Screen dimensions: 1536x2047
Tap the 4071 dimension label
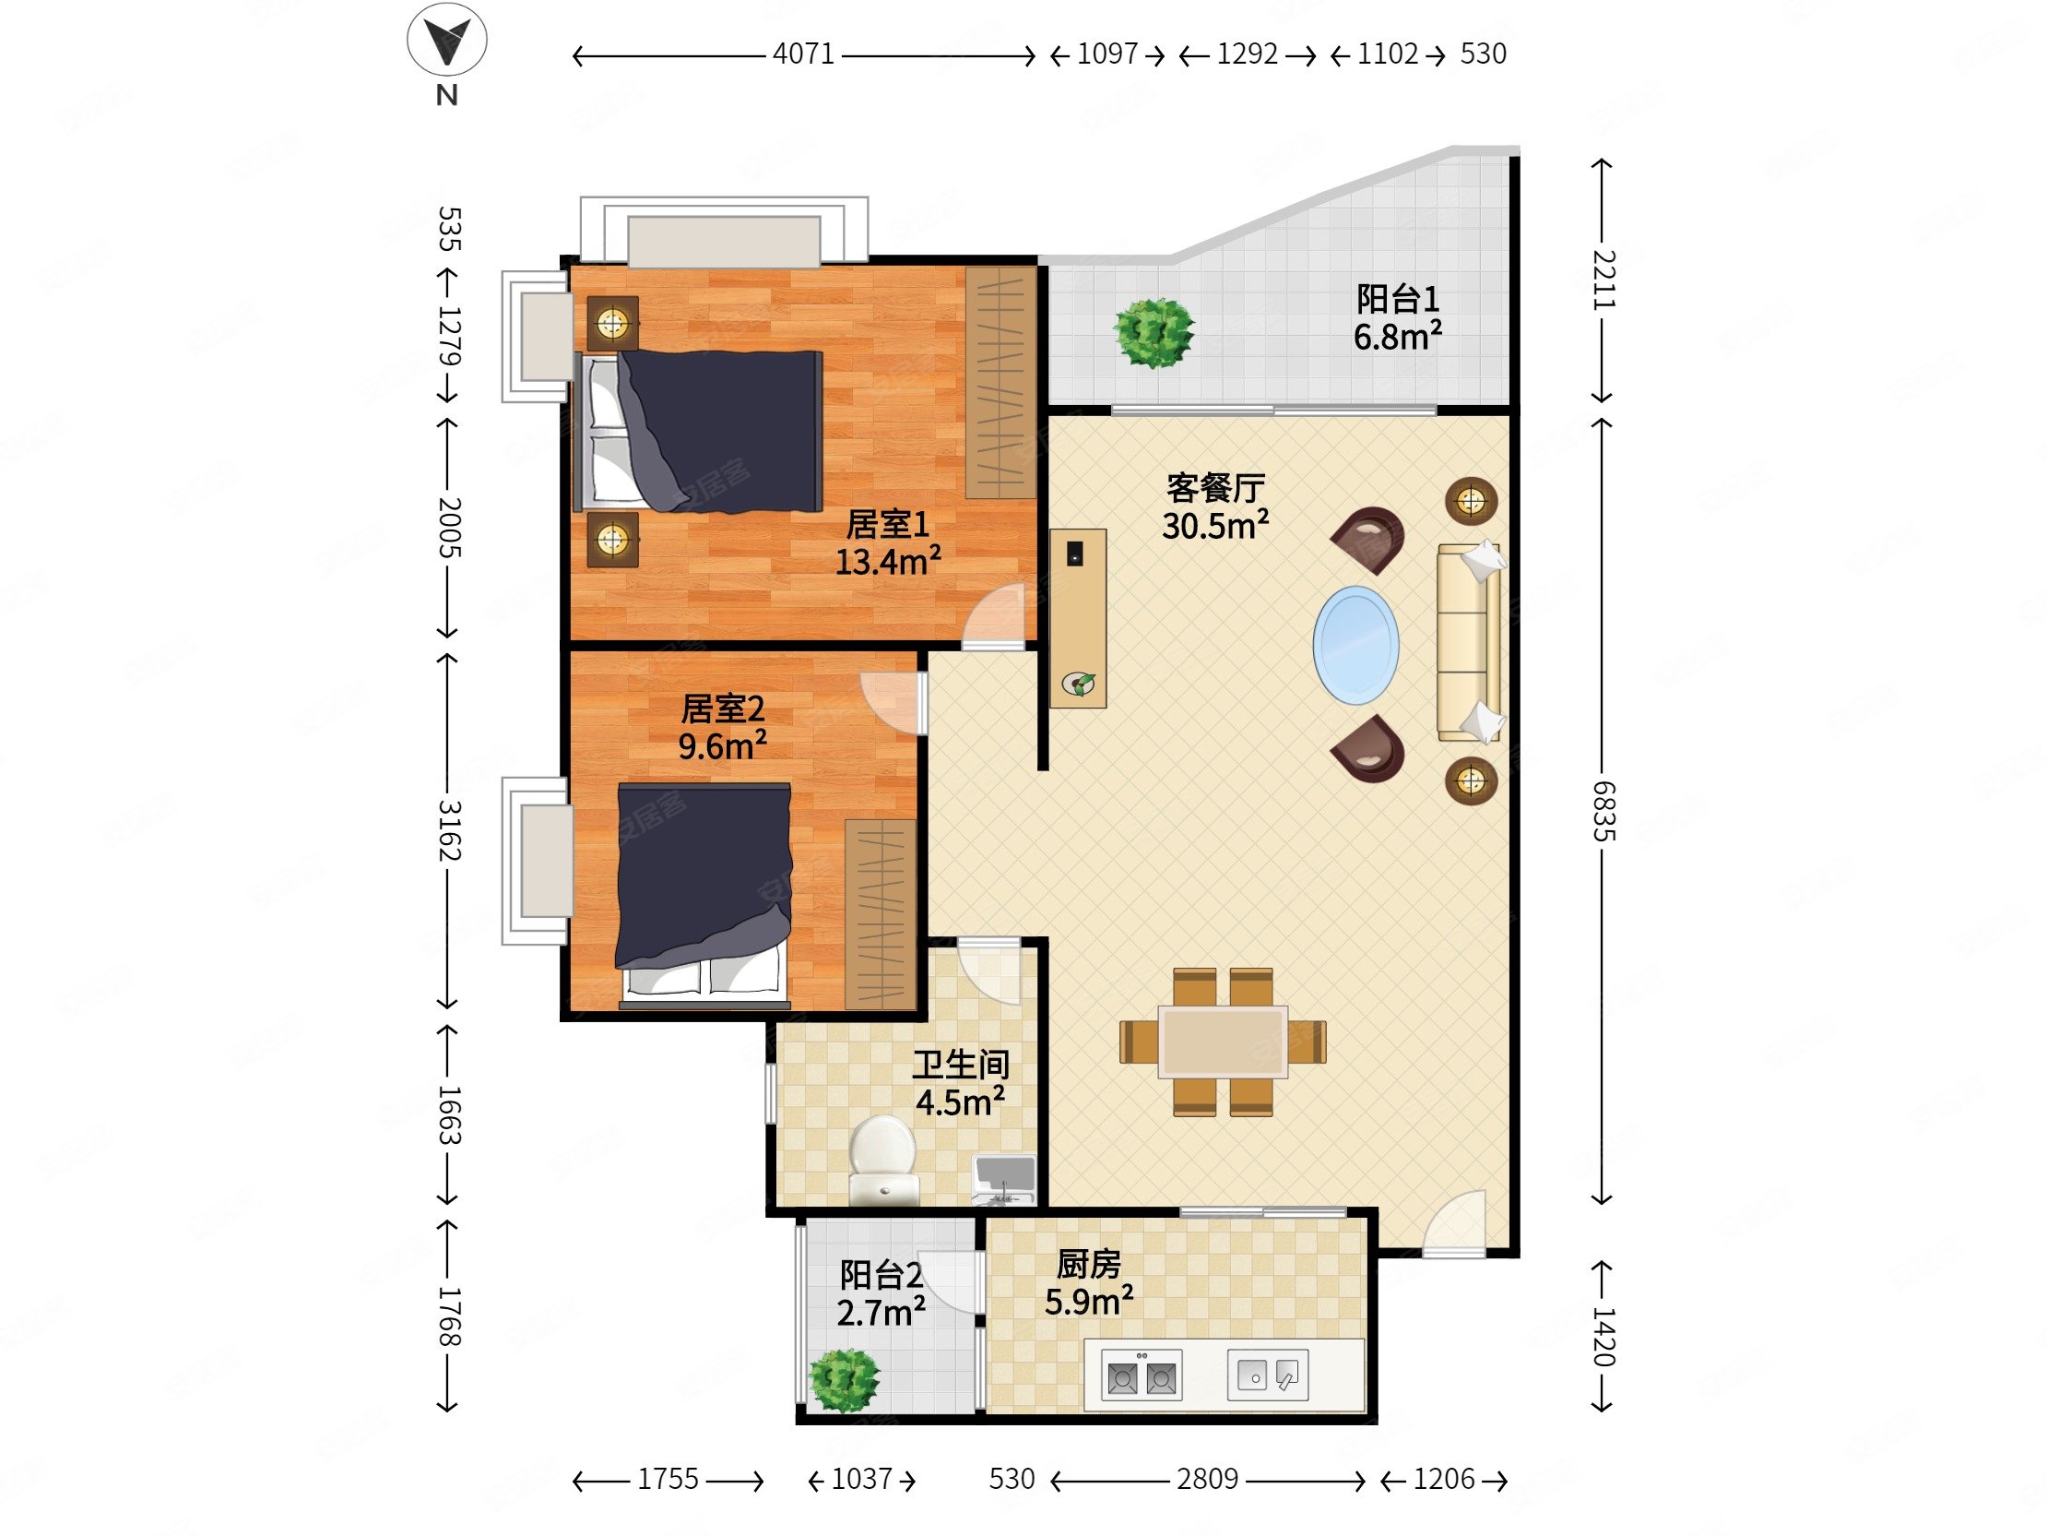click(x=803, y=54)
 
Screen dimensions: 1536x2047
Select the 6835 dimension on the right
click(x=1603, y=810)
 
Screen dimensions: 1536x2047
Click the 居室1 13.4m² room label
click(x=887, y=543)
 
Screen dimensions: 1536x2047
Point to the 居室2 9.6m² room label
click(x=723, y=728)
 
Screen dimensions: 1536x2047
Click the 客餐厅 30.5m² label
click(x=1215, y=506)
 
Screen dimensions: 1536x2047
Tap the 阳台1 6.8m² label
click(x=1397, y=317)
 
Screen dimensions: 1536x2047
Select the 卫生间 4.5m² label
click(x=961, y=1083)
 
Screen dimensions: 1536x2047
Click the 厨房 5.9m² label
click(x=1089, y=1283)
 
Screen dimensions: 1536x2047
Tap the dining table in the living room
click(x=1223, y=1042)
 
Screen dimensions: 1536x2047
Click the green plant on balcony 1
click(x=1154, y=332)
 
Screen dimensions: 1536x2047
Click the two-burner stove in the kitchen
click(x=1141, y=1375)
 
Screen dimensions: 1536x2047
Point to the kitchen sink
click(x=1267, y=1375)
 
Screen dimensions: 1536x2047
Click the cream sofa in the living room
click(x=1469, y=642)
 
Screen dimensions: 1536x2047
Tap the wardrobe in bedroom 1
click(x=1000, y=382)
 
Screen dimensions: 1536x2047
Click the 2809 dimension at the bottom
click(x=1207, y=1479)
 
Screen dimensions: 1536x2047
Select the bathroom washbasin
click(x=1004, y=1179)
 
